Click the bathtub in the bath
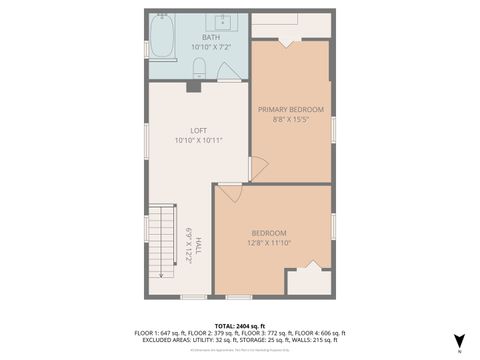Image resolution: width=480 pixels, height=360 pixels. coord(162,37)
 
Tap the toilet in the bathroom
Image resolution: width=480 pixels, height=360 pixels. coord(199,68)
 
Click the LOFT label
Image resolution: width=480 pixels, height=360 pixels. coord(198,130)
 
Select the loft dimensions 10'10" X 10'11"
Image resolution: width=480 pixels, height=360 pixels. coord(198,140)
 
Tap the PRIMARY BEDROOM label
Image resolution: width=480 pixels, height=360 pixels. coord(291,109)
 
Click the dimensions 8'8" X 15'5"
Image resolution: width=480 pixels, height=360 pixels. coord(291,119)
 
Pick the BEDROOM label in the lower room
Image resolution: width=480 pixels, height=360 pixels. coord(269,232)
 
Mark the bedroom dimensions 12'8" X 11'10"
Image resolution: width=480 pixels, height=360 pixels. coord(269,242)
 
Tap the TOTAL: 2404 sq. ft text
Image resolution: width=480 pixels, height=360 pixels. coord(240,325)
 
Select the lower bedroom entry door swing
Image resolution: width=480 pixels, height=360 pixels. coord(229,192)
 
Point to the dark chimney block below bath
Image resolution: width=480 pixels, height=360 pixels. coord(193,86)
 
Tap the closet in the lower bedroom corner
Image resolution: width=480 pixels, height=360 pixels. coord(308,281)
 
